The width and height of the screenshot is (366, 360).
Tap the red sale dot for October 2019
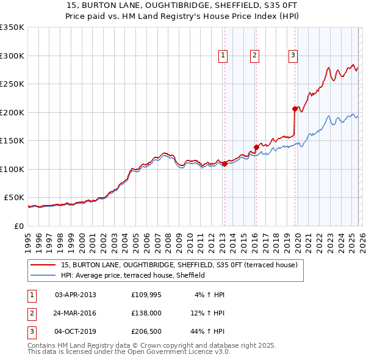point(295,109)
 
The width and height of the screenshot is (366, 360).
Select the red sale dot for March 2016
point(256,147)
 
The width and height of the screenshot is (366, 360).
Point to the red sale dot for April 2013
point(224,164)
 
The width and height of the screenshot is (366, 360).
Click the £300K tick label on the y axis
point(12,56)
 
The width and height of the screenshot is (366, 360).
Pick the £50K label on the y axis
point(15,198)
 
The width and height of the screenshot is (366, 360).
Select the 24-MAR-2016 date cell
point(76,314)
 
